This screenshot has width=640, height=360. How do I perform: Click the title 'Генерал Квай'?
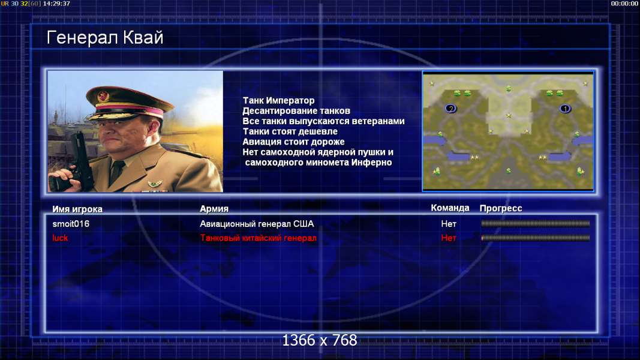tap(105, 38)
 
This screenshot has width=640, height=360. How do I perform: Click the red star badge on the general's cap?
tap(103, 97)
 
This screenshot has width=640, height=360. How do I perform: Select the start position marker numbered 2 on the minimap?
tap(450, 109)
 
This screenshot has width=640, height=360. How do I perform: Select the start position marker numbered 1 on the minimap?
tap(565, 109)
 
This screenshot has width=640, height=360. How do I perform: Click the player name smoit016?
tap(71, 224)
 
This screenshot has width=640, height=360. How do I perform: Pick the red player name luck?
tap(60, 238)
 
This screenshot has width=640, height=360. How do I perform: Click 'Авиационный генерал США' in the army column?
tap(257, 224)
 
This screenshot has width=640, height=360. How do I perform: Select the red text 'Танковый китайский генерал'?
tap(258, 238)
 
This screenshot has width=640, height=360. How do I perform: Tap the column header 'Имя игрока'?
tap(77, 209)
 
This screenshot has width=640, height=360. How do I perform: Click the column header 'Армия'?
tap(214, 209)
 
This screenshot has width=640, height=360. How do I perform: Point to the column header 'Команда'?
tap(450, 208)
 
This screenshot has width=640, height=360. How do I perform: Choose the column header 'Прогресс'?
tap(501, 208)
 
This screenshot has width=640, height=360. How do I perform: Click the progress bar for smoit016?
tap(536, 224)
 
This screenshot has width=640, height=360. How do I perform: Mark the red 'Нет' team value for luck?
tap(449, 238)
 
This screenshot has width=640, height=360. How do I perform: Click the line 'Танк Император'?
tap(278, 100)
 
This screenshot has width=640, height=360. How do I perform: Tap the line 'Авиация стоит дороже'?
tap(293, 142)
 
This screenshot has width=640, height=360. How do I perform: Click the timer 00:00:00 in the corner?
tap(624, 4)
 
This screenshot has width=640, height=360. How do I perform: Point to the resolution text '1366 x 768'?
tap(320, 340)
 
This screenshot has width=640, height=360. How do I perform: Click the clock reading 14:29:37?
tap(56, 4)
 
